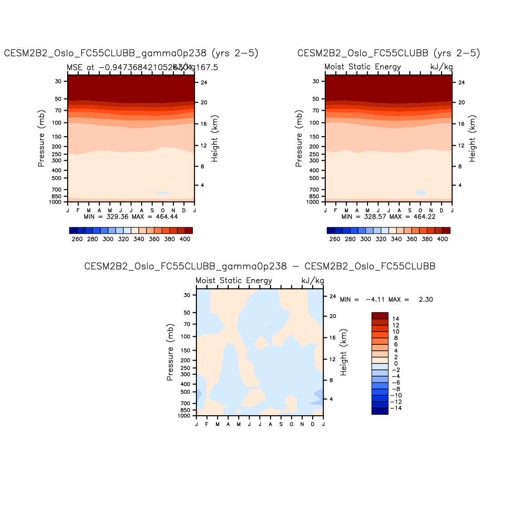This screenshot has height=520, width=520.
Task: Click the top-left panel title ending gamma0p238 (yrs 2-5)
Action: (x=131, y=53)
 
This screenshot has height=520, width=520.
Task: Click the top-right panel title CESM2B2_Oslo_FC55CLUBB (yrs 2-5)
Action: (x=388, y=53)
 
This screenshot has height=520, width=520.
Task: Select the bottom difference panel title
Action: (x=260, y=266)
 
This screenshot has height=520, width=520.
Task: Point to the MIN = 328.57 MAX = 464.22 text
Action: (x=388, y=216)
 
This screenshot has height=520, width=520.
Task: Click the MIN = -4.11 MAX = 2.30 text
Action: (x=386, y=299)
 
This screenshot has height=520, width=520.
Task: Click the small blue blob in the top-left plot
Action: (x=162, y=193)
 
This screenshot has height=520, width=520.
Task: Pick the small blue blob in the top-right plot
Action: (x=421, y=192)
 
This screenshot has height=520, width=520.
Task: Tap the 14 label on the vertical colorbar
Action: (x=396, y=319)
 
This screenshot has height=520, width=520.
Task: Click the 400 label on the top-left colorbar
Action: (x=185, y=239)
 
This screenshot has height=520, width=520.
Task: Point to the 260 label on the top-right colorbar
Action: (x=335, y=239)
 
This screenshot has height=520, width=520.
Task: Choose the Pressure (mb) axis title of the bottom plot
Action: (x=170, y=352)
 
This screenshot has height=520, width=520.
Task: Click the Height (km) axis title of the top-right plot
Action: (x=472, y=138)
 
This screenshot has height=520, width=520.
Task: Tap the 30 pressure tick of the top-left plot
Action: (x=58, y=81)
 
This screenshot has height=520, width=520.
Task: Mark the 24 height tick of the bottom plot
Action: (x=333, y=296)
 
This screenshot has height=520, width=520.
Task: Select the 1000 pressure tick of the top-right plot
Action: (x=313, y=202)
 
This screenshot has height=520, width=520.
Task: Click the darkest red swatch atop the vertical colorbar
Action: (x=380, y=315)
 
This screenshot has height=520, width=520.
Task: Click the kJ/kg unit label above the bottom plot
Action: (x=313, y=281)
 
